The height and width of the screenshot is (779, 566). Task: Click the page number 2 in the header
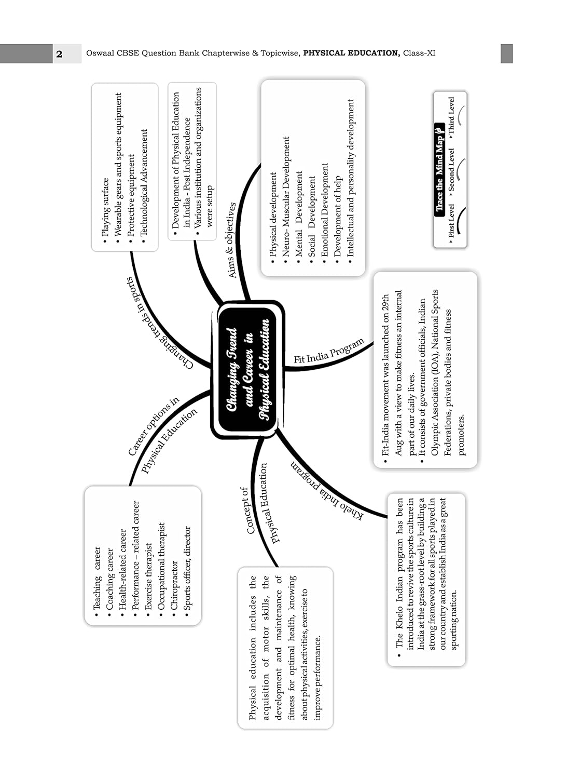(x=59, y=54)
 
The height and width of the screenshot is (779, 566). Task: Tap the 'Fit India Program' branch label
(x=328, y=352)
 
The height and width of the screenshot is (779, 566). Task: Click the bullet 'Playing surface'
(x=105, y=208)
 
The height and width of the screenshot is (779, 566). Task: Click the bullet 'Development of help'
(x=337, y=216)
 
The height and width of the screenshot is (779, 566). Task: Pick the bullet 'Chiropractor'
(x=174, y=585)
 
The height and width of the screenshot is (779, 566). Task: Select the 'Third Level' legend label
(x=451, y=117)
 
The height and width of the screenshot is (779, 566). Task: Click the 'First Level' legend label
(x=451, y=221)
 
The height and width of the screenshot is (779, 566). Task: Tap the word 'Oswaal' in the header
(x=99, y=53)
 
